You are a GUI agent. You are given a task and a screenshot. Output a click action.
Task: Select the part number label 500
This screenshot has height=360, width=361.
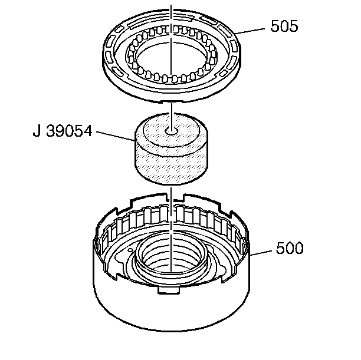[x=290, y=249]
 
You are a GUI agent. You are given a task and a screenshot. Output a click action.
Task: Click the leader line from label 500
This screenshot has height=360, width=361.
[x=263, y=252]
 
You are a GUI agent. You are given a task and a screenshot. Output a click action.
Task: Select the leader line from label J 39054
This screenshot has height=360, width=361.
[x=115, y=136]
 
